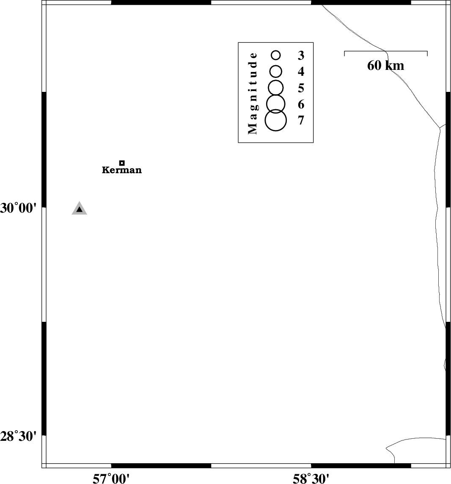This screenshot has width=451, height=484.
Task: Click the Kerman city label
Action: (122, 170)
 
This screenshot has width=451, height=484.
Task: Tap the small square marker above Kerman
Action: (122, 163)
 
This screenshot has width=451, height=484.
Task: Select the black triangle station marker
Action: (79, 209)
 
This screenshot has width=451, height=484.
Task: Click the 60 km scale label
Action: (385, 66)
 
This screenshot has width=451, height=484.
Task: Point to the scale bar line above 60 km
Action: (385, 51)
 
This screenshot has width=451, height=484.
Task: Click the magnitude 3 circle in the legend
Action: (276, 55)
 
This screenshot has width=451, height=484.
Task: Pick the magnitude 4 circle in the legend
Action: (276, 72)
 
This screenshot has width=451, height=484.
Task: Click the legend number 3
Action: (301, 55)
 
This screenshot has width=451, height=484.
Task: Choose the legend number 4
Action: (301, 72)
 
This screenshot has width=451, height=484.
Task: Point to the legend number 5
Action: (301, 88)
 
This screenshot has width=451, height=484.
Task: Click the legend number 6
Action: (301, 105)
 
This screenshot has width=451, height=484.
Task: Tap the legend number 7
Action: (301, 120)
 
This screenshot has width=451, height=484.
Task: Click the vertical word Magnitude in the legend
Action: (252, 93)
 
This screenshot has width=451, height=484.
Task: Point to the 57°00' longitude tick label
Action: (111, 479)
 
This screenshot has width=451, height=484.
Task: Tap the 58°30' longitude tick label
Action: (311, 479)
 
